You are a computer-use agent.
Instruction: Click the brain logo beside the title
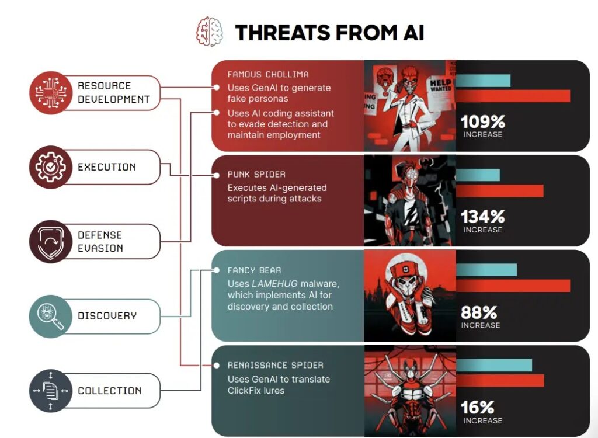(x=210, y=32)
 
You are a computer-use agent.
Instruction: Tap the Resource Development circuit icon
(x=51, y=92)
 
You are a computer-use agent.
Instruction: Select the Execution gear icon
(x=51, y=166)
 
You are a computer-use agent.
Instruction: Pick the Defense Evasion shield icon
(x=51, y=241)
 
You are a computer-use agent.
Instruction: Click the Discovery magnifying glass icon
(x=51, y=316)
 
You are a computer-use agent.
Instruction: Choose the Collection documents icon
(x=51, y=390)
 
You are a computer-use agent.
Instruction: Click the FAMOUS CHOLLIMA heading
(x=268, y=74)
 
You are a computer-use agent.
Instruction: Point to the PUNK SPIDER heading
(x=256, y=175)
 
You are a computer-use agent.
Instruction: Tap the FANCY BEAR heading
(x=255, y=270)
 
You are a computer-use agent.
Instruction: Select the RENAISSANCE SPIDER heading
(x=276, y=365)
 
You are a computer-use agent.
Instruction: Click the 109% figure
(x=483, y=122)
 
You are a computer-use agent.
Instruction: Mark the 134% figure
(x=483, y=217)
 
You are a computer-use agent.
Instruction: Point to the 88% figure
(x=479, y=312)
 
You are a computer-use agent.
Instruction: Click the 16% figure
(x=478, y=408)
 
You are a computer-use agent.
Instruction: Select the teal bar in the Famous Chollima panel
(x=483, y=81)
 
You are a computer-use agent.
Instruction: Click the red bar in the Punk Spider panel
(x=500, y=191)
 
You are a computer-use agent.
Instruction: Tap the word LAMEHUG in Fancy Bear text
(x=274, y=284)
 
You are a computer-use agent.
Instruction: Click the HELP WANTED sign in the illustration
(x=441, y=85)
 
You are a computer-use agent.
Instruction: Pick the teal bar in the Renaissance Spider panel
(x=494, y=365)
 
